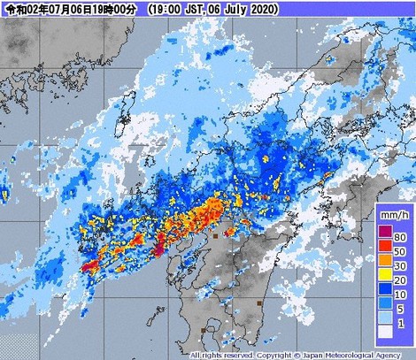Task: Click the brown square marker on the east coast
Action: (258, 302)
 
